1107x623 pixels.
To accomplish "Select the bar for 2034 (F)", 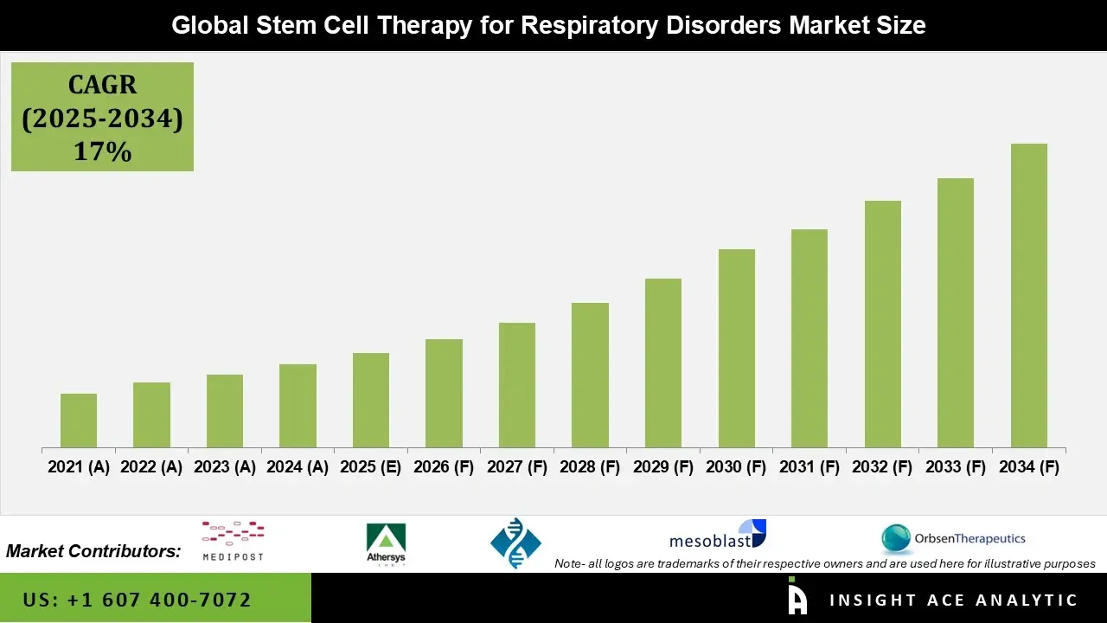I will [x=1028, y=295].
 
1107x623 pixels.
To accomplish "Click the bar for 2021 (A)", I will [x=79, y=421].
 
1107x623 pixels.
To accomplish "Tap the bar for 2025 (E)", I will [x=371, y=400].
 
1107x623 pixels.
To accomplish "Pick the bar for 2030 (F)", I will [x=736, y=348].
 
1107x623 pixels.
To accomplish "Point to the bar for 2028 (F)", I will [x=590, y=375].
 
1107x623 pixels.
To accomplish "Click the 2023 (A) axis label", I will [x=224, y=467].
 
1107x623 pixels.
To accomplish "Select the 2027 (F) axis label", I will [x=517, y=467].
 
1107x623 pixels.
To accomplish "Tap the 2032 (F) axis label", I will [x=882, y=467].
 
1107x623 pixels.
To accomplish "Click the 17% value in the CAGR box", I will [x=102, y=151].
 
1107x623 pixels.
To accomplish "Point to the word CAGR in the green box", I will [x=102, y=85].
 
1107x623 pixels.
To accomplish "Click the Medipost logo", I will [x=233, y=541].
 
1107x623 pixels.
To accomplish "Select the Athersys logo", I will [x=386, y=543].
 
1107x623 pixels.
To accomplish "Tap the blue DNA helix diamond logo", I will [x=515, y=543].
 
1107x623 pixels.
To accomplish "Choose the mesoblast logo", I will [x=717, y=536].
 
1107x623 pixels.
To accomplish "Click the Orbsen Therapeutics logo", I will [x=953, y=538].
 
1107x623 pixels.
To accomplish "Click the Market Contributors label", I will [x=93, y=551].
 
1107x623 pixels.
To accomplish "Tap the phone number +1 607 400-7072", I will [x=138, y=600].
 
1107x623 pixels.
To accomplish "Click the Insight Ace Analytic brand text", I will [x=953, y=600].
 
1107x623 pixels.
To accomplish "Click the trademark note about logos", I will [x=825, y=563].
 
